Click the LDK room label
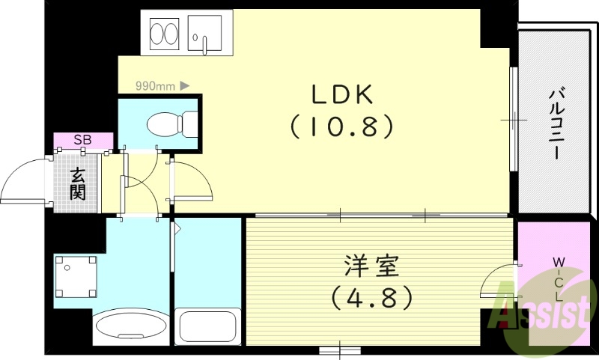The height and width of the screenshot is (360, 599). point(341,95)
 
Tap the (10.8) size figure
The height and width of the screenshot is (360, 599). point(341,127)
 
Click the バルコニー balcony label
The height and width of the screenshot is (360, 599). point(556,123)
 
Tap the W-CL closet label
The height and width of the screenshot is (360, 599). point(559,279)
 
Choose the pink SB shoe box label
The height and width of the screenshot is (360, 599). point(82,140)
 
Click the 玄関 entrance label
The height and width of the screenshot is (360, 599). point(78,184)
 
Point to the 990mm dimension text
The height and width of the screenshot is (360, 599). point(155,85)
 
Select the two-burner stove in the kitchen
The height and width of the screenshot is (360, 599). point(164,34)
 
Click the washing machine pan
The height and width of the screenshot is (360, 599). point(75,276)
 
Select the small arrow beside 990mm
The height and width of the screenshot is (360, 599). point(184,85)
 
